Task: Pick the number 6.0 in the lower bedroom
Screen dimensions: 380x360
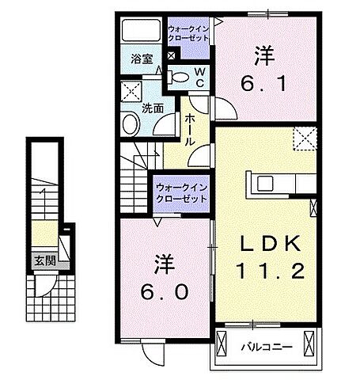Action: [165, 292]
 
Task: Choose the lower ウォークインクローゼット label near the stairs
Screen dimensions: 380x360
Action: [180, 193]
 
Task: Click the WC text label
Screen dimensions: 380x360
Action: [199, 77]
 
